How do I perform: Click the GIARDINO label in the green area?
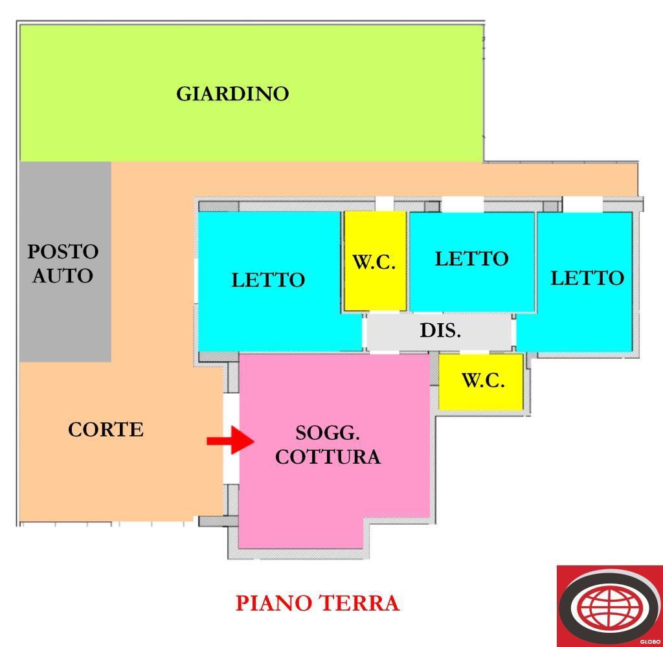[x=232, y=94]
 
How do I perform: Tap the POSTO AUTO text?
[x=63, y=264]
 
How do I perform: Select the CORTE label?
[x=106, y=429]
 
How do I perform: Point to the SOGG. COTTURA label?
[x=328, y=445]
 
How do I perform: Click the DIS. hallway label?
[x=440, y=330]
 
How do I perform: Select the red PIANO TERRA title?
[x=317, y=603]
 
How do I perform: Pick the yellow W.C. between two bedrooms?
[x=374, y=262]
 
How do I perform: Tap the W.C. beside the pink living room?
[x=482, y=381]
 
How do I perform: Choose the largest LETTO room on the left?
[x=268, y=280]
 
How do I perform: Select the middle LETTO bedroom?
[x=471, y=259]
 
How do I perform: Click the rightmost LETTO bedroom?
[x=587, y=278]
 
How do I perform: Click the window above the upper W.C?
[x=384, y=203]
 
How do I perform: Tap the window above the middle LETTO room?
[x=462, y=204]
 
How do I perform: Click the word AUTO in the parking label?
[x=63, y=276]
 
